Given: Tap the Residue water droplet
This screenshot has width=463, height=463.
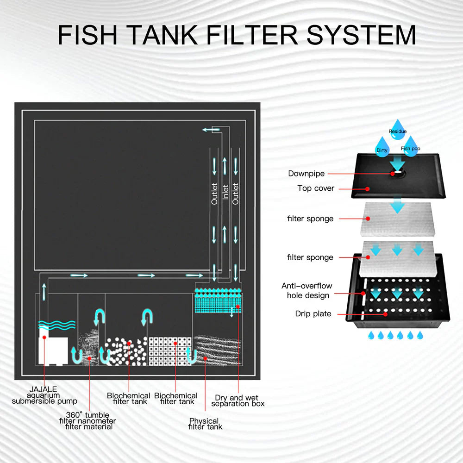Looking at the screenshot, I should [397, 129].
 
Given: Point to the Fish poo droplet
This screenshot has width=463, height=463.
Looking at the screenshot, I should [410, 146].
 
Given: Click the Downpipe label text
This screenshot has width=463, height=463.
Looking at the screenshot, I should [307, 174].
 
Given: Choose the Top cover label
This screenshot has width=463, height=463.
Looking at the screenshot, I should [316, 188].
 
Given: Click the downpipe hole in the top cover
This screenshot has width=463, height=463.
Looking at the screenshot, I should [396, 173].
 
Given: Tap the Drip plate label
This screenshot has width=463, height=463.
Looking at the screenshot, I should [313, 313].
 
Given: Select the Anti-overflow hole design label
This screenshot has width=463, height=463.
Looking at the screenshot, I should [307, 290].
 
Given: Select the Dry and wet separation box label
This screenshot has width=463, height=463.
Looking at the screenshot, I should [238, 400].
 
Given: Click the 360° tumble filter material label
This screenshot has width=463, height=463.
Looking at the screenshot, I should [88, 420].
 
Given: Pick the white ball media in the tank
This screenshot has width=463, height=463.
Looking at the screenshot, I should [125, 350].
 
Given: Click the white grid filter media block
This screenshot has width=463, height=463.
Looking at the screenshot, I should [169, 350].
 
